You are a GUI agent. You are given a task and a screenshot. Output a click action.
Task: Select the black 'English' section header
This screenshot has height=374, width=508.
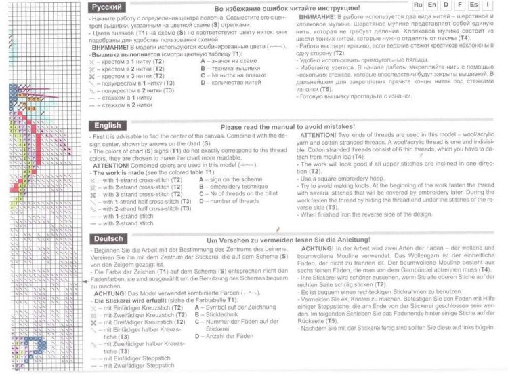(x=107, y=126)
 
